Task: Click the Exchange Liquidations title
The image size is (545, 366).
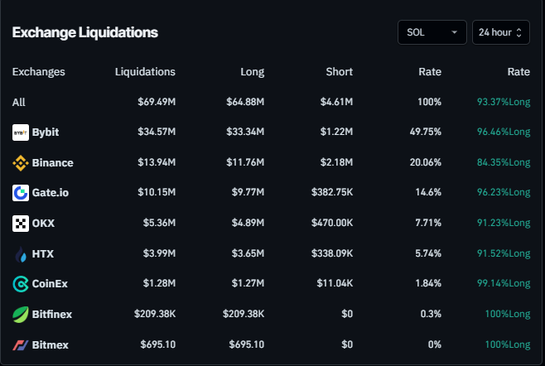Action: click(x=84, y=32)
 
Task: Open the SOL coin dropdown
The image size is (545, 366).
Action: click(x=432, y=32)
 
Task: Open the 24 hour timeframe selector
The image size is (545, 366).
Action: click(x=500, y=32)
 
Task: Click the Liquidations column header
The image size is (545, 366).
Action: click(x=145, y=72)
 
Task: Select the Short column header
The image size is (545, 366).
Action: click(x=339, y=72)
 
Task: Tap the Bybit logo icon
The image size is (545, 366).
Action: click(x=21, y=132)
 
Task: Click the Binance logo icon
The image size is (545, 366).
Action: click(x=21, y=163)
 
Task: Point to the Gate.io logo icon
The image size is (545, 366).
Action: click(x=21, y=193)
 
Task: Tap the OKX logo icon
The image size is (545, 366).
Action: click(x=21, y=224)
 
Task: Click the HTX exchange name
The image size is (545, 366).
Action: click(x=44, y=253)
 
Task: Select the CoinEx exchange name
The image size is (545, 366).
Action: click(x=50, y=284)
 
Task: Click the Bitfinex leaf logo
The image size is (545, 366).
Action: click(x=21, y=315)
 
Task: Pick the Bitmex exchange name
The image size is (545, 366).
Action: click(x=51, y=344)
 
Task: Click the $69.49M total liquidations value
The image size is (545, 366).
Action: click(x=156, y=102)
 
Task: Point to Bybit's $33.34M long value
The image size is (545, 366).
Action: click(x=245, y=132)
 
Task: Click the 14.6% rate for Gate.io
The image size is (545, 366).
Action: click(x=427, y=193)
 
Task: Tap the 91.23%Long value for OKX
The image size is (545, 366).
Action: click(x=503, y=224)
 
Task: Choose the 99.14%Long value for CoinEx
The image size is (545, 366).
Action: click(x=503, y=284)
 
